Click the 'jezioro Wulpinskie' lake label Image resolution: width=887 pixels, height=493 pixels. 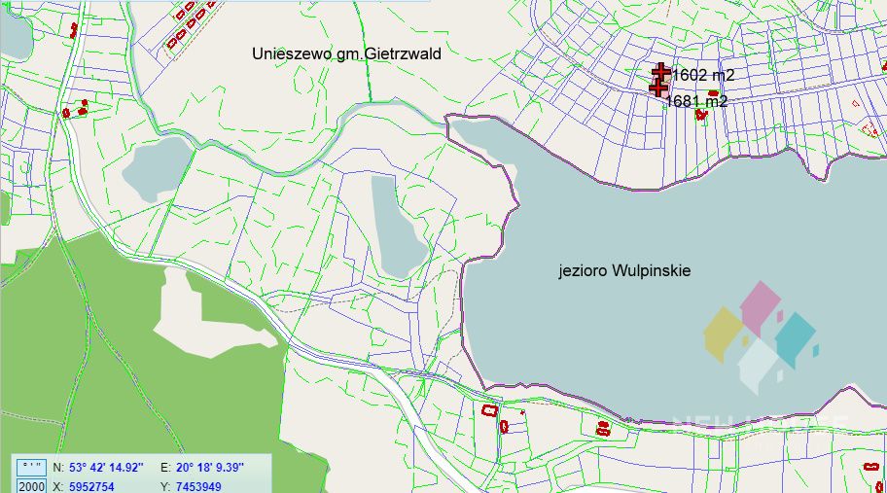[624, 271]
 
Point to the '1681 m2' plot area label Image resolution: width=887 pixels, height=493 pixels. [696, 101]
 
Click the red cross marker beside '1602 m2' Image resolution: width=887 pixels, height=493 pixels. [661, 72]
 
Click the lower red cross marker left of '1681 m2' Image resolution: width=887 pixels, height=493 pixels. [657, 88]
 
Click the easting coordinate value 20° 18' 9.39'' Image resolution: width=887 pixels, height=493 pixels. [209, 467]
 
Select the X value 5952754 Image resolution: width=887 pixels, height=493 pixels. [91, 486]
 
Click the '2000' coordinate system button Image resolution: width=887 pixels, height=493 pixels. [32, 486]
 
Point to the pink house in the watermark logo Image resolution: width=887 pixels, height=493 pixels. [761, 305]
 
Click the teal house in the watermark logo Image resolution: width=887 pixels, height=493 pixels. [797, 335]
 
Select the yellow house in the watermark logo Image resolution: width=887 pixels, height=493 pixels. [724, 334]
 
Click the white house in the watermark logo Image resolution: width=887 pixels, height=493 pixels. [759, 364]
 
